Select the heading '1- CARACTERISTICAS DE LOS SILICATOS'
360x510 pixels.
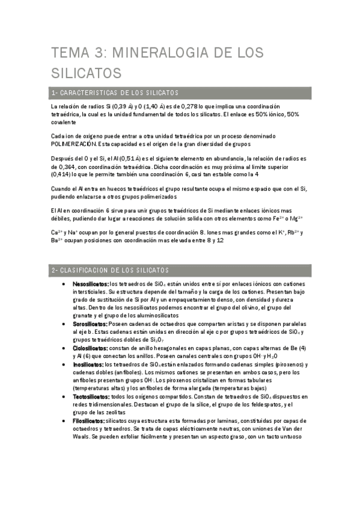(115, 93)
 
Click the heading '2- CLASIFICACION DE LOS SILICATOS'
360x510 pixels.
(111, 271)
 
